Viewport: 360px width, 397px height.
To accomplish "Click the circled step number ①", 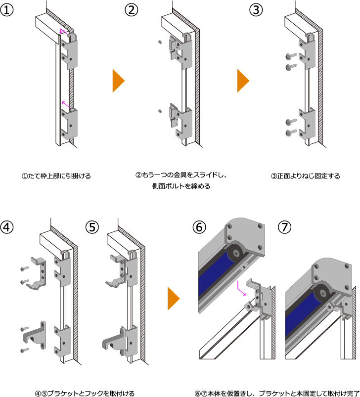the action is coord(6,10).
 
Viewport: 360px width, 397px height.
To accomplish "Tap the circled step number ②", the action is coord(132,10).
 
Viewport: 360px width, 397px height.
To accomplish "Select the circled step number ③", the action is coord(256,10).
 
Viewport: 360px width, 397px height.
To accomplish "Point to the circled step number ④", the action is coord(6,227).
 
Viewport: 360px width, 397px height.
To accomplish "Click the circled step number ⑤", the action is coord(92,227).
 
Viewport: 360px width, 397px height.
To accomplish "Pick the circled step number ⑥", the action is coord(199,227).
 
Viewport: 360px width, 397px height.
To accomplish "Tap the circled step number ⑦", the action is coord(285,227).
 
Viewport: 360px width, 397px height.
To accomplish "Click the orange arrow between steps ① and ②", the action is coord(119,81).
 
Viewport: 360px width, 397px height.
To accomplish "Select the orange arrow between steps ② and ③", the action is coord(243,81).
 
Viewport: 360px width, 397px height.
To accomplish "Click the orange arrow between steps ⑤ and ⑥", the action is coord(174,299).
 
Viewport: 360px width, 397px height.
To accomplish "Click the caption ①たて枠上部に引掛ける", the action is coord(56,176).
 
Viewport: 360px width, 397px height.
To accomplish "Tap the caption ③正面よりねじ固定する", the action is coord(306,176).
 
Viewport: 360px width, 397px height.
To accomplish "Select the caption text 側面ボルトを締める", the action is coord(181,186).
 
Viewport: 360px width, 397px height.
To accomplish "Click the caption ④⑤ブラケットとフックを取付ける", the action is coord(85,393).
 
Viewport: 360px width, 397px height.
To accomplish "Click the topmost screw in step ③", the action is coord(291,56).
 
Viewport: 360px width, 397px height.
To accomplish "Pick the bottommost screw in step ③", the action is coord(291,132).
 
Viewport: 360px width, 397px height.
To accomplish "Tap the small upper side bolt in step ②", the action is coord(160,42).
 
